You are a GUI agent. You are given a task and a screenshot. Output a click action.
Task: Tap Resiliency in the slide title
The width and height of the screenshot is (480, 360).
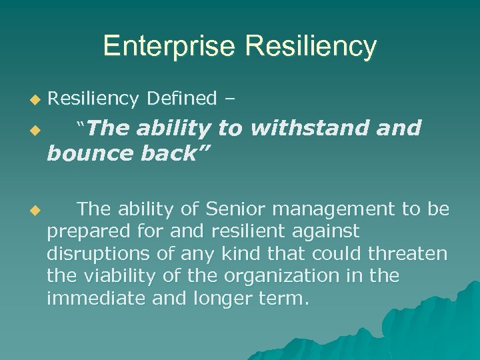[311, 47]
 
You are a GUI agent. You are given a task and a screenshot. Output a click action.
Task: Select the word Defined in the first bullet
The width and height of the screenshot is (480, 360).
[181, 99]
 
